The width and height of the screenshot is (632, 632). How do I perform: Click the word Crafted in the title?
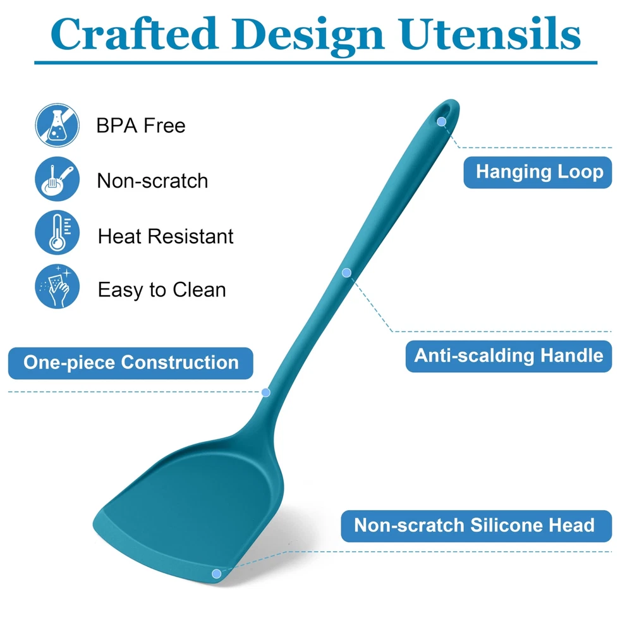tap(135, 33)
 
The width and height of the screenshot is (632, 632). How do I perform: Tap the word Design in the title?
tap(308, 36)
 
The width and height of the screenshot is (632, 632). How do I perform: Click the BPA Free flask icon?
tap(58, 125)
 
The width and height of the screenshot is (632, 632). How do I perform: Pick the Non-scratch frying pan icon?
tap(58, 179)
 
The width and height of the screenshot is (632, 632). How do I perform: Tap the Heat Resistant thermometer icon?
tap(58, 232)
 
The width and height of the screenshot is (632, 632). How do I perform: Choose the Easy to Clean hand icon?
tap(58, 286)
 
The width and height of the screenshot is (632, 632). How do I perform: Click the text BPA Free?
tap(141, 125)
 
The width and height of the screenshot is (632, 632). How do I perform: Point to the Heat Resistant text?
tap(165, 236)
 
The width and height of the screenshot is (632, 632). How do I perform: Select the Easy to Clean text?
tap(162, 290)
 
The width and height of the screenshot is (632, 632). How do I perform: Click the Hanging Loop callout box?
tap(538, 172)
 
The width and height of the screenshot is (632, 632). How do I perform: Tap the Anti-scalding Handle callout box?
tap(509, 356)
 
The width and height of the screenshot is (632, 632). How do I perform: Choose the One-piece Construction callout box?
tap(131, 363)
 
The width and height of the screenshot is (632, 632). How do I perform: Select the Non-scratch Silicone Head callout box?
tap(477, 526)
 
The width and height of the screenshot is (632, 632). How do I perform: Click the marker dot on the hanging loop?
tap(441, 122)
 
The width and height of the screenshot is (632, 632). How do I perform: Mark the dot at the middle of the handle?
tap(346, 273)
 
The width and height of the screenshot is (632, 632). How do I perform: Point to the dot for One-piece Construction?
tap(265, 392)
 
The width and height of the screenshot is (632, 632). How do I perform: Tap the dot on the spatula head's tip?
tap(216, 574)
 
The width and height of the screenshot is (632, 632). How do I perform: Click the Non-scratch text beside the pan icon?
tap(152, 181)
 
